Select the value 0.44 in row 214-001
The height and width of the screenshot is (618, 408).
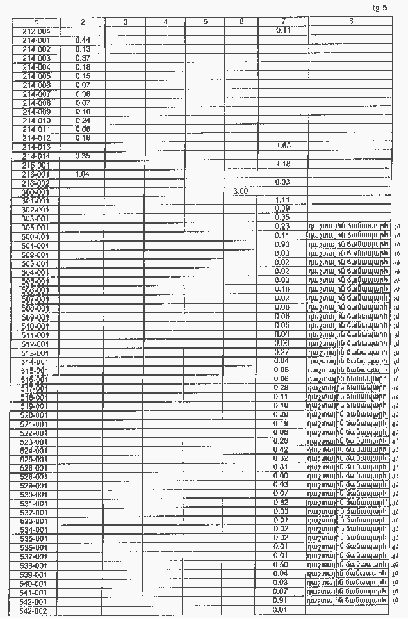click(x=82, y=40)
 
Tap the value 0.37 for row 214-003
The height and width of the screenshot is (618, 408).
click(x=82, y=58)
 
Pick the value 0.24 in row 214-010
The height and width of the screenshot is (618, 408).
click(x=82, y=120)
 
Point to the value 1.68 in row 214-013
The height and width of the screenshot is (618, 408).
click(x=283, y=146)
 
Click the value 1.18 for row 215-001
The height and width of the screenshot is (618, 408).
click(x=283, y=164)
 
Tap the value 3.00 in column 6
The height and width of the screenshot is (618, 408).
click(x=241, y=191)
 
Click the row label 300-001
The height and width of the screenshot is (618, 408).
click(x=36, y=192)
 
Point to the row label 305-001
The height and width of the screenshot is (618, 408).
click(x=35, y=228)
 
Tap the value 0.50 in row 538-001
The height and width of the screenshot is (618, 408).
click(x=281, y=564)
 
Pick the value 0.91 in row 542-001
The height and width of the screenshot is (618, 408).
click(x=281, y=600)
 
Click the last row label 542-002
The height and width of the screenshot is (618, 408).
click(x=34, y=612)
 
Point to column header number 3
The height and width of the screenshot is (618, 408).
click(x=125, y=22)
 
